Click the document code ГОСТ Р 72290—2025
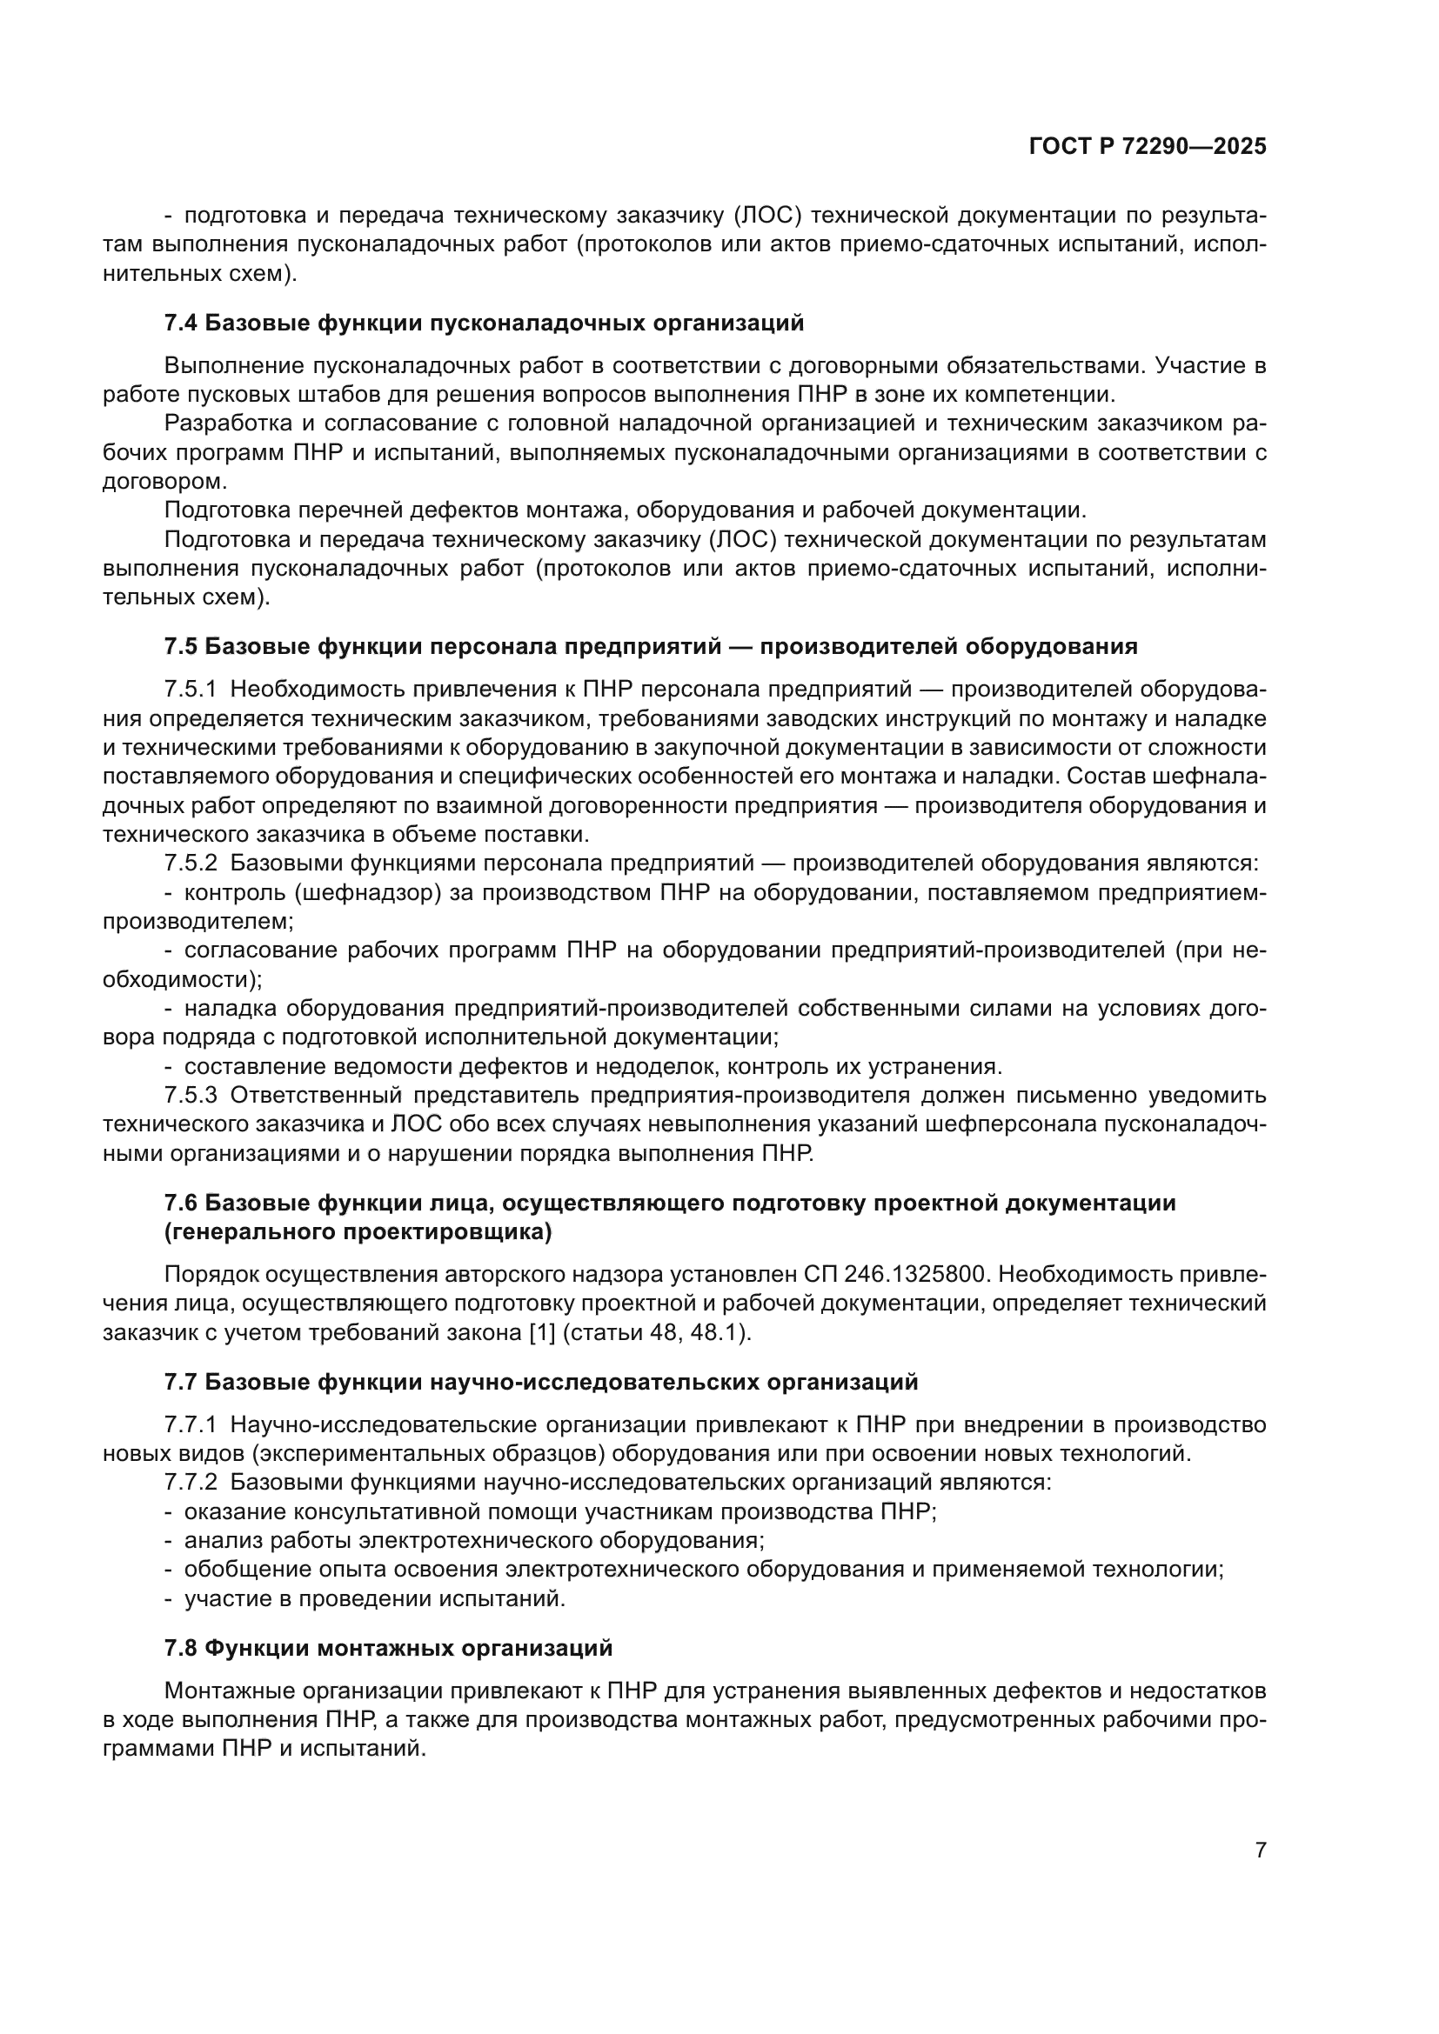pos(1148,146)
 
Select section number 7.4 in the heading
pos(181,323)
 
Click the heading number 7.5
pos(181,647)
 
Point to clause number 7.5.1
pos(191,690)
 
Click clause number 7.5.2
pos(191,863)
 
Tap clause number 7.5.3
pos(191,1095)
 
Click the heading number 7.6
pos(181,1203)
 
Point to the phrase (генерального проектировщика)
pos(358,1232)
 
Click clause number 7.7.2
pos(191,1482)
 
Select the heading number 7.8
pos(181,1649)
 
